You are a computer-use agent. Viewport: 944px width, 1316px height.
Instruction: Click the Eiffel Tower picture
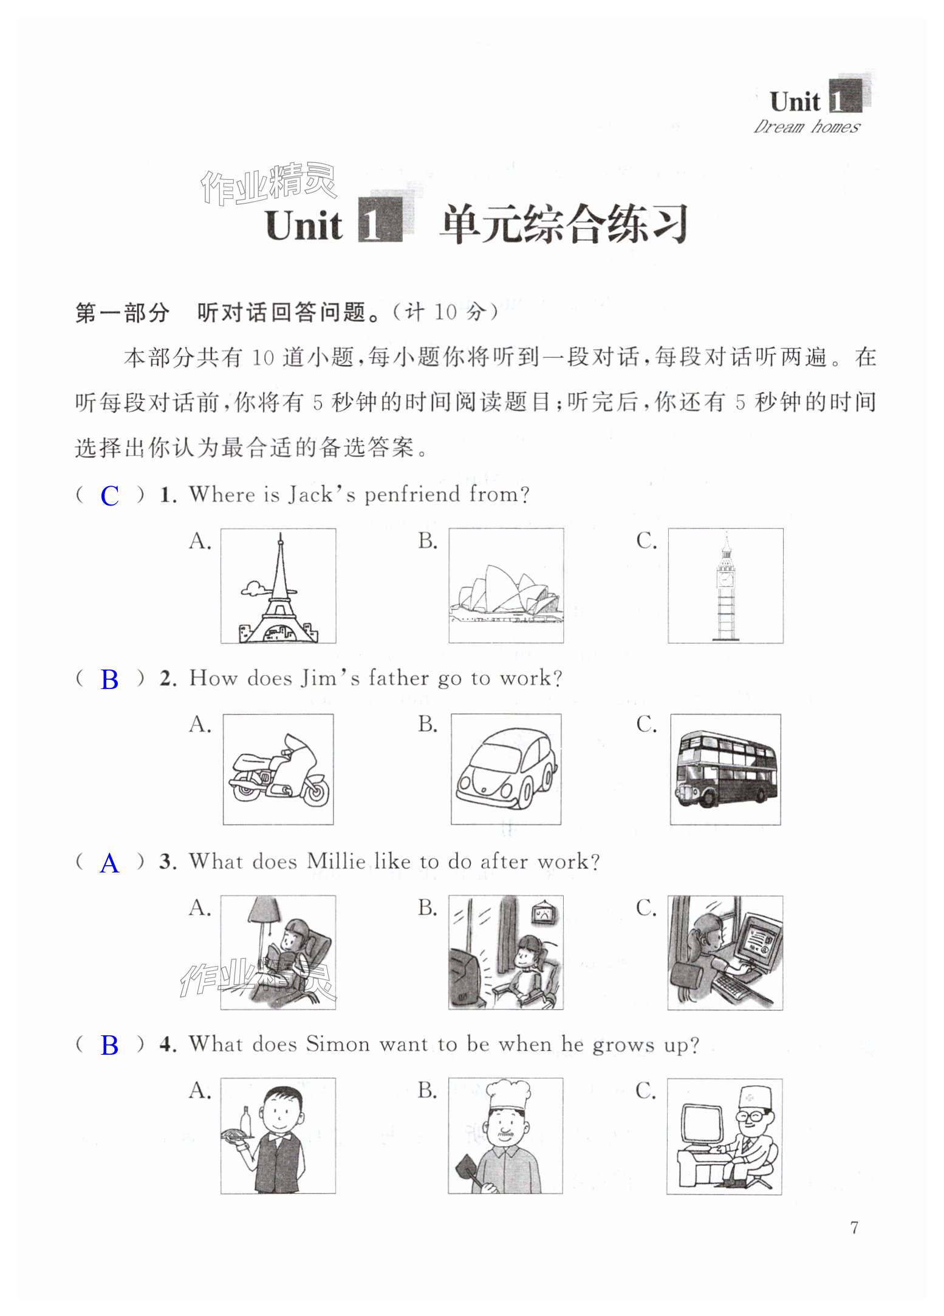point(278,586)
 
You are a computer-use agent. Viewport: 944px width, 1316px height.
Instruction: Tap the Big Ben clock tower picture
point(725,586)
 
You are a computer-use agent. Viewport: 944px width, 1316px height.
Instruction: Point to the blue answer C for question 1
point(109,496)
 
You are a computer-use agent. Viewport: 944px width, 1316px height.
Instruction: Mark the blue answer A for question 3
point(109,863)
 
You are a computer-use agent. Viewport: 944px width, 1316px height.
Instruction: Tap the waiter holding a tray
point(278,1136)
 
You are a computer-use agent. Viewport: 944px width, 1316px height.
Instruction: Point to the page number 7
point(854,1227)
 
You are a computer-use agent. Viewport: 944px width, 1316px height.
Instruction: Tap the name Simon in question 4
point(337,1044)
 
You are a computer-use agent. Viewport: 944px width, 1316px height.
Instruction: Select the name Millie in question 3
point(336,862)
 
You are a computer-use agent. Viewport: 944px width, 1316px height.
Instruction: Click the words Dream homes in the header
point(807,126)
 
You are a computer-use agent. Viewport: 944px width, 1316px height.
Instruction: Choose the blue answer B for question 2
point(109,679)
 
